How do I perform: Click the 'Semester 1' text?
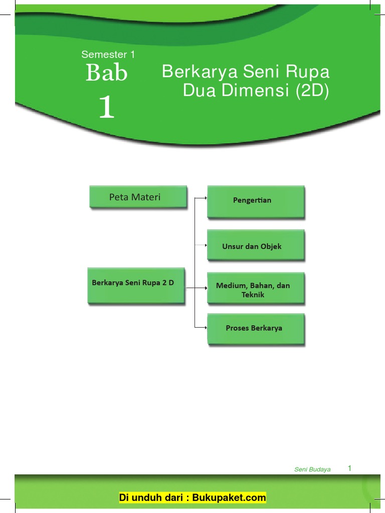pos(108,55)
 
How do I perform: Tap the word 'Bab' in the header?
pos(107,74)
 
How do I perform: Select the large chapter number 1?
pos(106,107)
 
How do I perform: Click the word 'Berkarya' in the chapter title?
pos(200,72)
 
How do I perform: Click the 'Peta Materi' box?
pos(138,197)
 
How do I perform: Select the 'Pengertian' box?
pos(256,201)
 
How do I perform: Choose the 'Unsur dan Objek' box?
pos(256,245)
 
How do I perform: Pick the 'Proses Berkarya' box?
pos(256,329)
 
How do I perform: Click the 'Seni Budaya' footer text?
pos(312,469)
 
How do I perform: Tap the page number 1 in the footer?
pos(349,468)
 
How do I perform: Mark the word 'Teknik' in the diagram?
pos(253,295)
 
